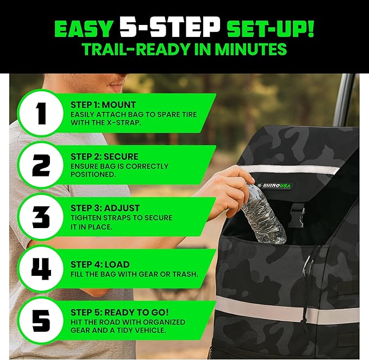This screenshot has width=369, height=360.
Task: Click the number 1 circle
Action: click(x=41, y=113)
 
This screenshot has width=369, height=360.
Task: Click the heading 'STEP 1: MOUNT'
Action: click(x=103, y=104)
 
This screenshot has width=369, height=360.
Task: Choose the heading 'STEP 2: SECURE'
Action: click(x=104, y=156)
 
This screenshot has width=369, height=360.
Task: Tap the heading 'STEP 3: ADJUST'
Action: click(x=105, y=208)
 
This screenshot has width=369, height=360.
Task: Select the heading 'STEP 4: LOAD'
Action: click(x=100, y=264)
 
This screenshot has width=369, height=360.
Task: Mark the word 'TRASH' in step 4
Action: click(x=185, y=274)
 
